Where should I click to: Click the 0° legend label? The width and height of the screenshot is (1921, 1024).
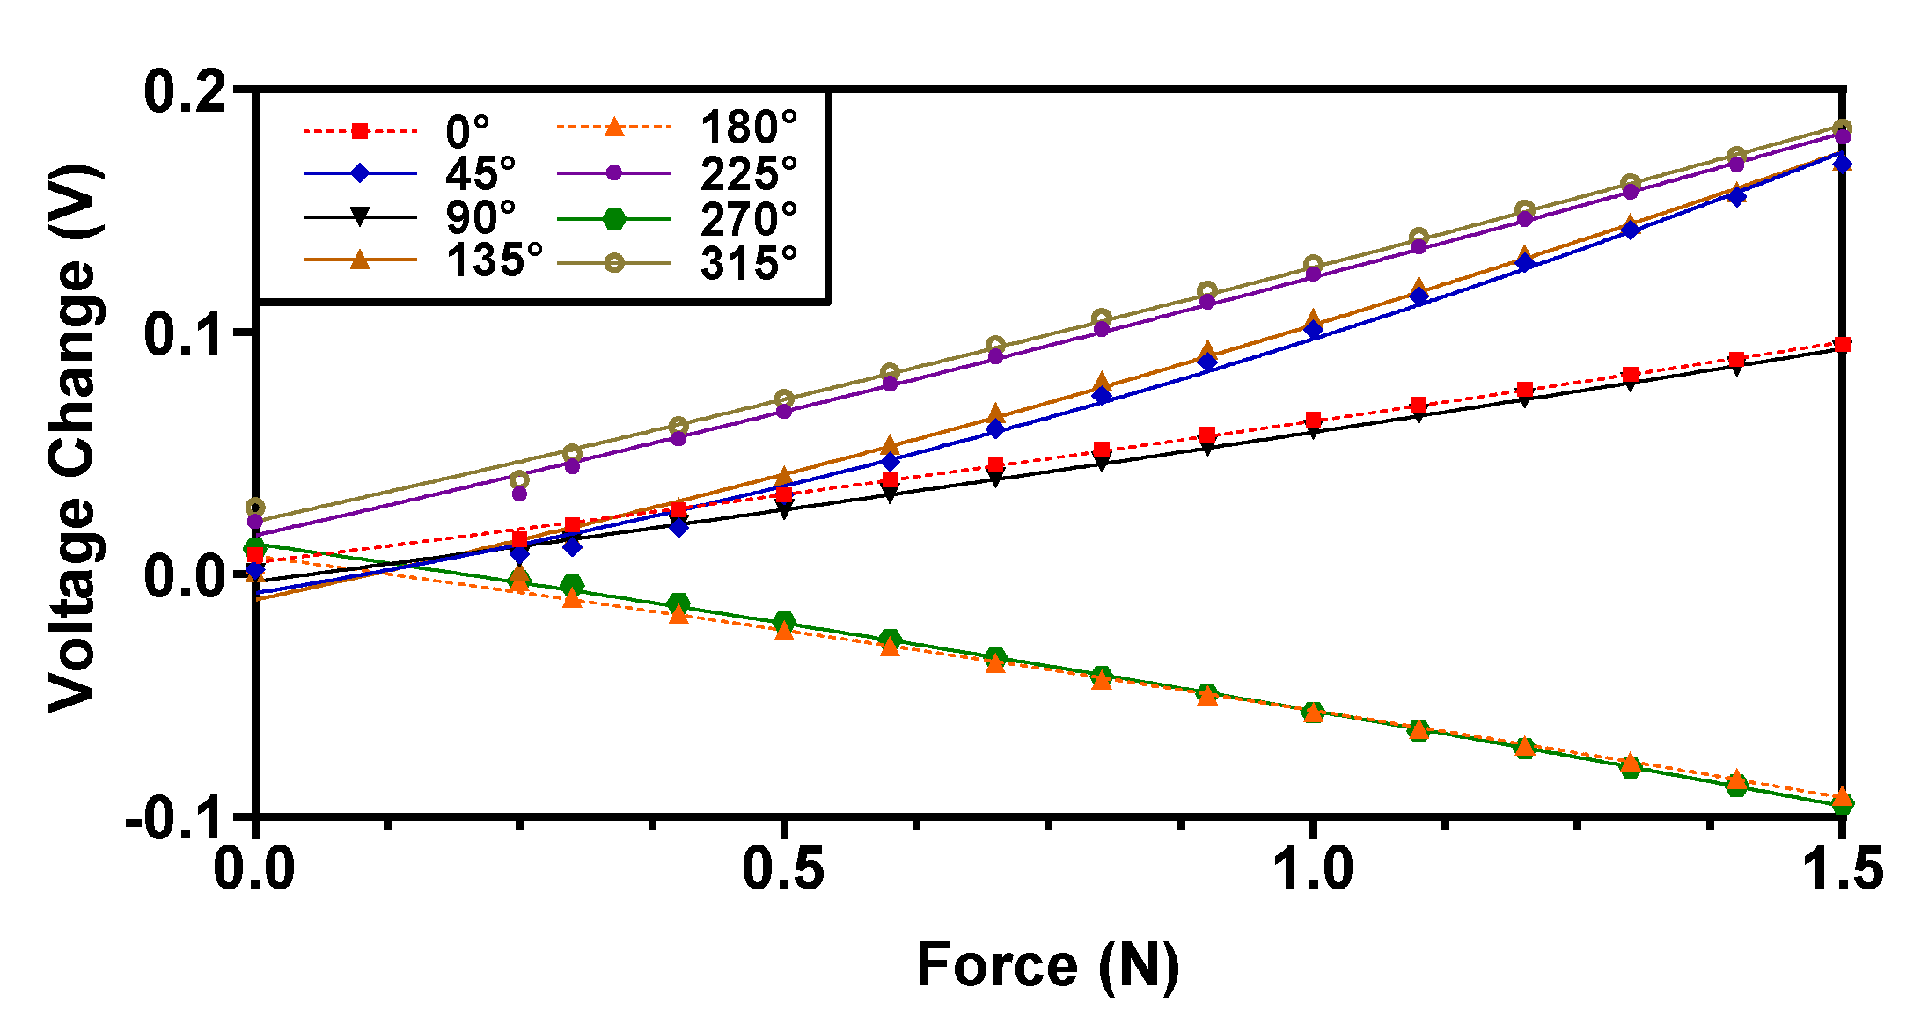[x=466, y=132]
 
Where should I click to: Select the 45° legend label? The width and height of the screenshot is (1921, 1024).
[x=480, y=173]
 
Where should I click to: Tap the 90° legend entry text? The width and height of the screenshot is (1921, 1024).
[x=480, y=216]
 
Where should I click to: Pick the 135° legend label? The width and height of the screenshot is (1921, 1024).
[x=494, y=260]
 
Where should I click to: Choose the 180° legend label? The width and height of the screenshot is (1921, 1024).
[x=748, y=128]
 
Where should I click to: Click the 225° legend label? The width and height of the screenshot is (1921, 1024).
[x=748, y=173]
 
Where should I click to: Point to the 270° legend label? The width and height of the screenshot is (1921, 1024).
[x=748, y=218]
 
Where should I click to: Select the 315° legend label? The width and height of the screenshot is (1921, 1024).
[x=748, y=262]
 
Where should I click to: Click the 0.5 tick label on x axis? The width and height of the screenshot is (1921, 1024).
[x=783, y=868]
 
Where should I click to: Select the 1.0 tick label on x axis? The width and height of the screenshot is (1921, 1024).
[x=1312, y=868]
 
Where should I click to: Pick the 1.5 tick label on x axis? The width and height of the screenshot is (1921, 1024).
[x=1842, y=868]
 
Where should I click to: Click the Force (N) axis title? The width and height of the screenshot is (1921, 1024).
[x=1047, y=966]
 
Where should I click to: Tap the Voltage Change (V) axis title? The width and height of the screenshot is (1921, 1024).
[x=72, y=437]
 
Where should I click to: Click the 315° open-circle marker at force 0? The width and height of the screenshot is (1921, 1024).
[x=255, y=508]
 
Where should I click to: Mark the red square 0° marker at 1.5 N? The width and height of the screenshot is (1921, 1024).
[x=1842, y=344]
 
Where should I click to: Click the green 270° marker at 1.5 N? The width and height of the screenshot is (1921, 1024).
[x=1842, y=803]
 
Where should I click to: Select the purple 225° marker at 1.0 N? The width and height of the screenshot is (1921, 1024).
[x=1313, y=274]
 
